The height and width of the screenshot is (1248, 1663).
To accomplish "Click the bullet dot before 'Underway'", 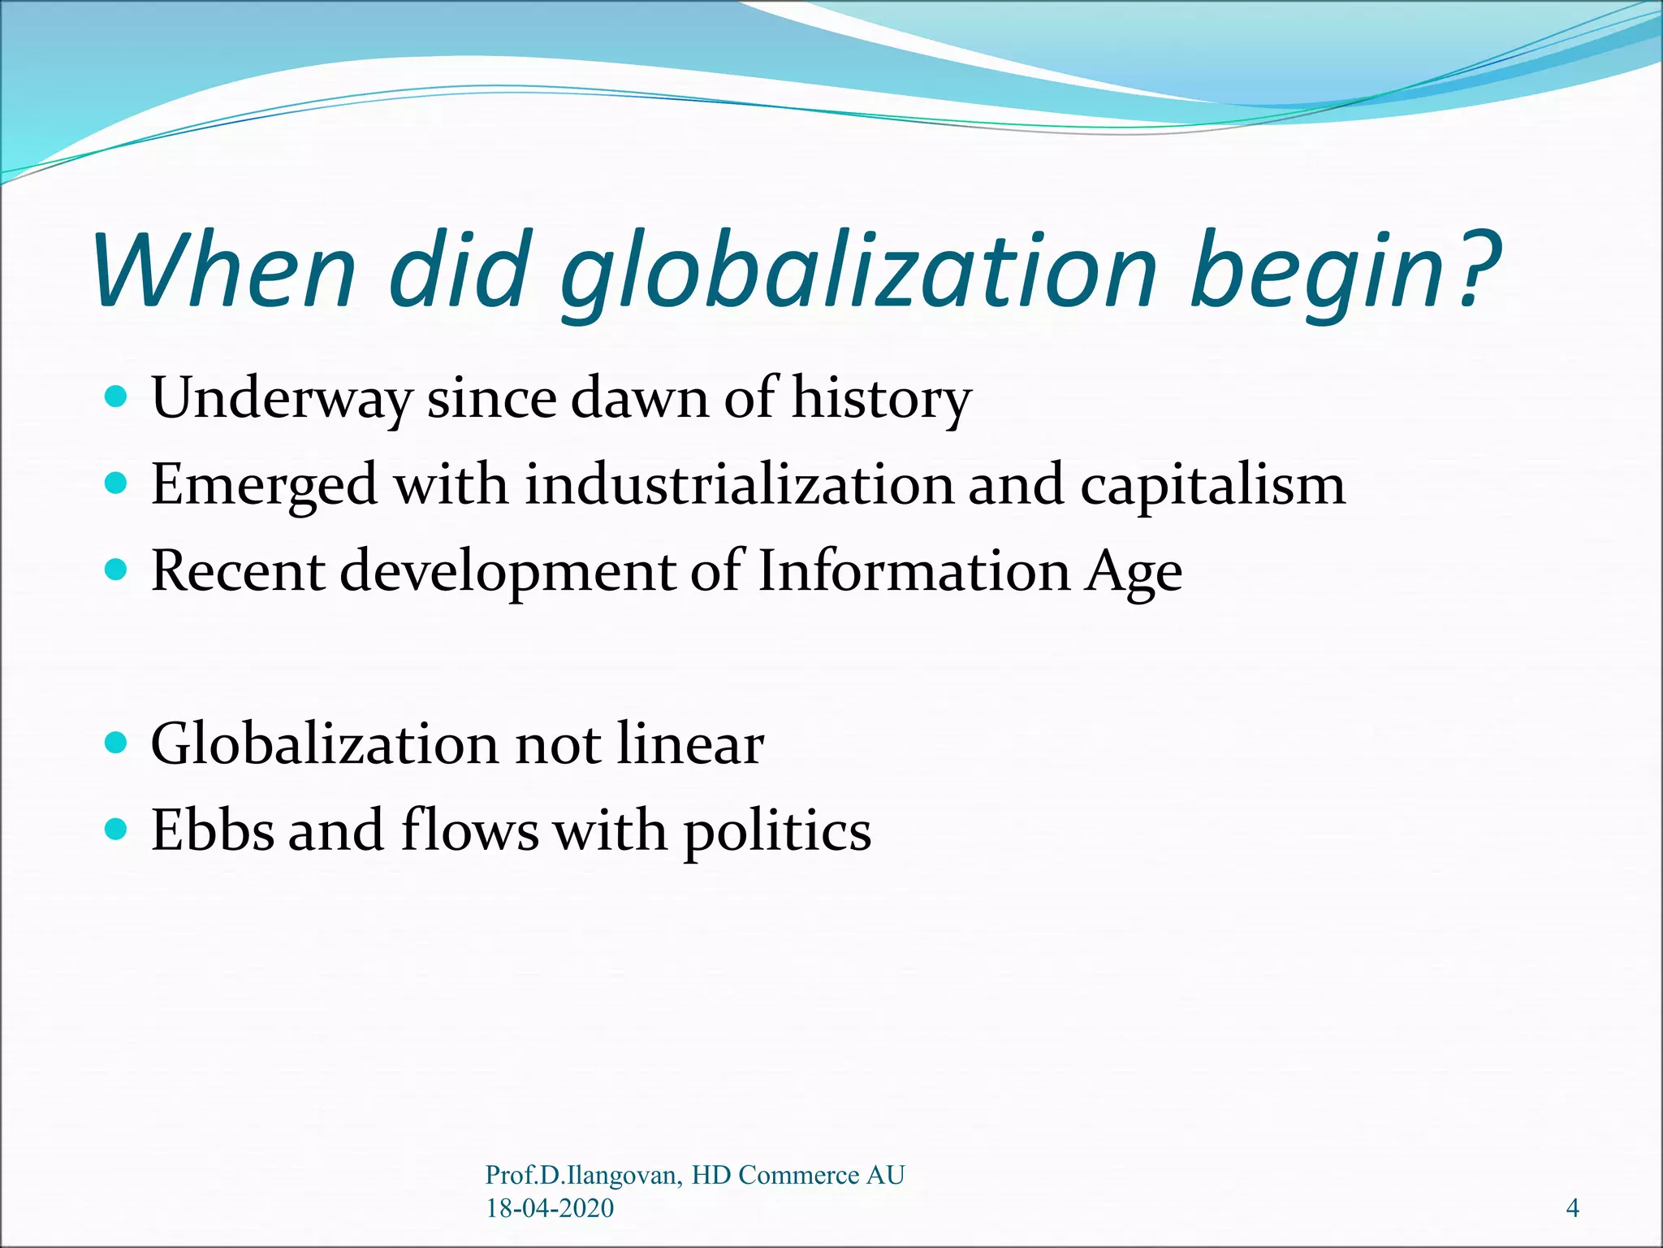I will tap(117, 397).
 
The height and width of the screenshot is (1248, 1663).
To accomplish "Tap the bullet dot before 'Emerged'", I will tap(117, 484).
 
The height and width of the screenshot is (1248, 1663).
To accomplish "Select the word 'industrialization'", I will tap(738, 484).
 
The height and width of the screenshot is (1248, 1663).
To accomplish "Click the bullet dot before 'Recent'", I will tap(117, 570).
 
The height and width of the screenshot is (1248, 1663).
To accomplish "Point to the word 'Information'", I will tap(914, 570).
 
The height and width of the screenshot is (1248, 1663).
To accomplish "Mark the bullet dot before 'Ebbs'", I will tap(117, 830).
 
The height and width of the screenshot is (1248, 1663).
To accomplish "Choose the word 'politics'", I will tap(777, 832).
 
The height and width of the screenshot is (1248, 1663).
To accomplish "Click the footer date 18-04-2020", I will tap(550, 1208).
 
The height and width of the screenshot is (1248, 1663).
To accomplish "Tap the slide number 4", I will tap(1572, 1208).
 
